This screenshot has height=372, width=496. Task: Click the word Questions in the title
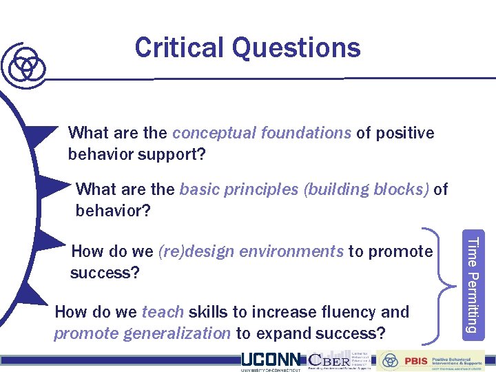click(296, 48)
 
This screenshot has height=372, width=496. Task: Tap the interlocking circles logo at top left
click(25, 64)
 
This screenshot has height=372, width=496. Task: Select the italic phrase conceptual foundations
click(262, 132)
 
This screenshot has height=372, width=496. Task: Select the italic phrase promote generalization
click(142, 334)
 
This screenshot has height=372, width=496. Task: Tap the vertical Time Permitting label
click(472, 284)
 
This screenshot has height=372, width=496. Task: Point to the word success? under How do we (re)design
click(105, 273)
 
